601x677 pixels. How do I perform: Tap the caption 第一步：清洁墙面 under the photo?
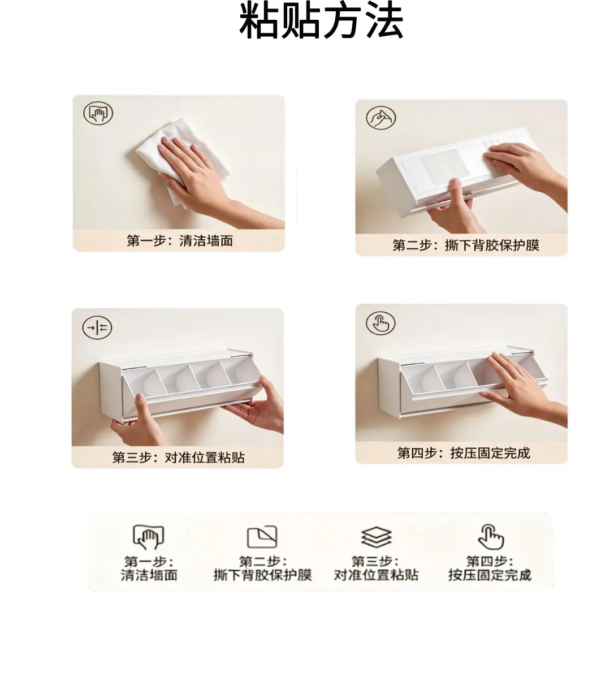click(180, 240)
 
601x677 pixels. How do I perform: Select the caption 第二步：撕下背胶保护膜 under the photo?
click(466, 245)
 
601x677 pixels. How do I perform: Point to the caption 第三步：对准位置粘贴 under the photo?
click(178, 457)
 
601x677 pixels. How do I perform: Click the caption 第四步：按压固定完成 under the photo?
click(464, 453)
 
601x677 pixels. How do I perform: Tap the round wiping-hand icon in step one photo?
click(98, 113)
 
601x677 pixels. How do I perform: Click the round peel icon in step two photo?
click(381, 118)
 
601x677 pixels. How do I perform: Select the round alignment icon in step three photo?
click(97, 327)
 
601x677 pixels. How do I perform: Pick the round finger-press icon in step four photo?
click(381, 323)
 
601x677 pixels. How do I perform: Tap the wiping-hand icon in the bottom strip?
click(149, 537)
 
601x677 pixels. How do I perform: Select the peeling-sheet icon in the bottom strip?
click(262, 537)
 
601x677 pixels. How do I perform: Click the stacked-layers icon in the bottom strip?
click(376, 537)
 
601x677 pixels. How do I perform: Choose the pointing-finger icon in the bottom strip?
click(491, 537)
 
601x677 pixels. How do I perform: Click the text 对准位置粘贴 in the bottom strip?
click(376, 575)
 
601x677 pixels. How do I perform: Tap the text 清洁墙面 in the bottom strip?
click(149, 575)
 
